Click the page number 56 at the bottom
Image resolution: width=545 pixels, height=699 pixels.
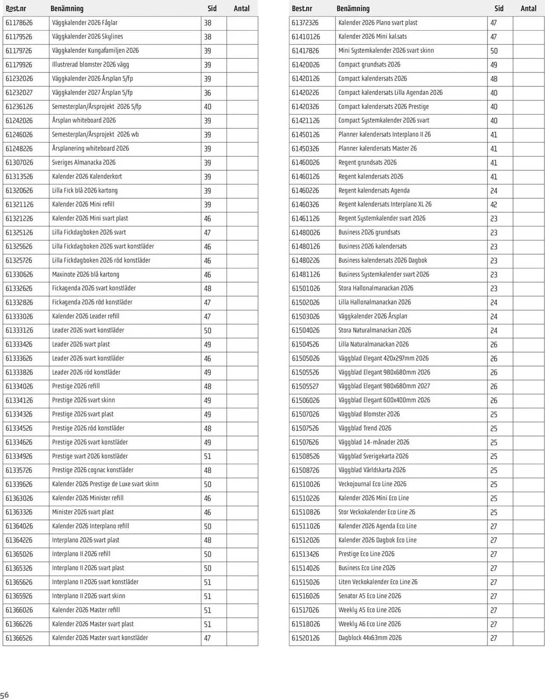(x=5, y=695)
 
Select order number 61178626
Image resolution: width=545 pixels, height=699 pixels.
(x=19, y=23)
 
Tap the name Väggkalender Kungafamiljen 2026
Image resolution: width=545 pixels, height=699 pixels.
(x=95, y=51)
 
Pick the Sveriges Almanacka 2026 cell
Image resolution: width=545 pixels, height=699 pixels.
(x=84, y=163)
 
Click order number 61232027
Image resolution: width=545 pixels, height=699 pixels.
(x=19, y=93)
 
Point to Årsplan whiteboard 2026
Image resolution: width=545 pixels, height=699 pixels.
(x=84, y=121)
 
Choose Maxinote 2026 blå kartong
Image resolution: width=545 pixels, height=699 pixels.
(x=86, y=274)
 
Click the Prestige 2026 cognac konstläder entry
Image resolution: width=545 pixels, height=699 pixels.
(x=93, y=470)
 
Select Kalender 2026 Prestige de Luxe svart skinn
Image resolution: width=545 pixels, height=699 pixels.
(x=105, y=484)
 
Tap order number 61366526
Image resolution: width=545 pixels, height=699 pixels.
(x=19, y=638)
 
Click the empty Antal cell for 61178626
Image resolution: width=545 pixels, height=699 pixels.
(x=242, y=23)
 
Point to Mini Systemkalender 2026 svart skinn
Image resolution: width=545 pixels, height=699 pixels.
(x=386, y=51)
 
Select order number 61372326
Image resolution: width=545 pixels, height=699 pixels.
(x=305, y=23)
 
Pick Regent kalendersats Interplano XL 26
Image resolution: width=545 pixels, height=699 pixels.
(x=385, y=204)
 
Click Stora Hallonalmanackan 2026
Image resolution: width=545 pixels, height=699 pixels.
(x=376, y=288)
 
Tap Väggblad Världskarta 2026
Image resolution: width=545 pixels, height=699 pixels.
(x=372, y=470)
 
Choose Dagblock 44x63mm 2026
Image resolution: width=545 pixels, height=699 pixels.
(x=370, y=638)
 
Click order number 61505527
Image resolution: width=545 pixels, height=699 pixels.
(x=305, y=386)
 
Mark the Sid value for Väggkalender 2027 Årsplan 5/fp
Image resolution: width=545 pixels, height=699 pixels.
(x=208, y=93)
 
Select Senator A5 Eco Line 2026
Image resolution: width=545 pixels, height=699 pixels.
(x=370, y=596)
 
